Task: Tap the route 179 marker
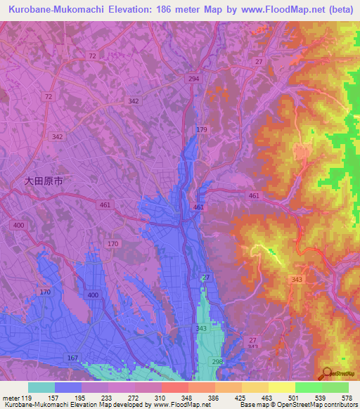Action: (x=202, y=130)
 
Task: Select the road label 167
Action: (x=72, y=358)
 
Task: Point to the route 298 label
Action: (x=217, y=361)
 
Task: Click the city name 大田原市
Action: (x=44, y=181)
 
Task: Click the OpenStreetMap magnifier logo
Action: (x=325, y=372)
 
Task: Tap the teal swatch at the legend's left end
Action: (x=41, y=387)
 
